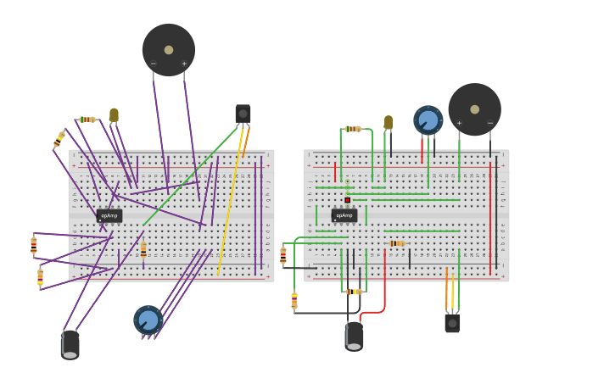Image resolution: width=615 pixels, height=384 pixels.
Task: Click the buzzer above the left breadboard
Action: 169,50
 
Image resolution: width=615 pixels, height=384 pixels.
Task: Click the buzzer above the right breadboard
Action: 474,109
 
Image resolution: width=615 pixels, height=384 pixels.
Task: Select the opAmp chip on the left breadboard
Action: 109,215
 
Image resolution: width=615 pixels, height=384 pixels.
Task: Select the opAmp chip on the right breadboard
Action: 344,215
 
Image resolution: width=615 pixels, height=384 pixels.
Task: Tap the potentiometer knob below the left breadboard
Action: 148,320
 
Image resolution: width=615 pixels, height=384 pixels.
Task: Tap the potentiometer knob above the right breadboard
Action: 428,120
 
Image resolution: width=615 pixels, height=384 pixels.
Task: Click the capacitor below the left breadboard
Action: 70,344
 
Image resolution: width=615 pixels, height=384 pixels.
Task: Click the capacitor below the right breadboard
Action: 354,337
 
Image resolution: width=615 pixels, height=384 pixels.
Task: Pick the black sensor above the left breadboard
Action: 243,114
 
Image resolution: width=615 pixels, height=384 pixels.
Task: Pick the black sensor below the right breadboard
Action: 452,323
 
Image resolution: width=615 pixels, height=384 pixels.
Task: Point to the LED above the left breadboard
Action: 114,114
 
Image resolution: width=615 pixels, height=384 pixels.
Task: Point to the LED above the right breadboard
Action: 389,122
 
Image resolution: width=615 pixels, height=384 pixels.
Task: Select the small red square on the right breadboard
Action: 347,200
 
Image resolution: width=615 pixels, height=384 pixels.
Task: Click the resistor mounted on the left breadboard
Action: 143,249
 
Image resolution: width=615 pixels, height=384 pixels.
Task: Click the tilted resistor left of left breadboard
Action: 59,139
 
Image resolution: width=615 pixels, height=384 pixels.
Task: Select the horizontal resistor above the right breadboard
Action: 353,129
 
